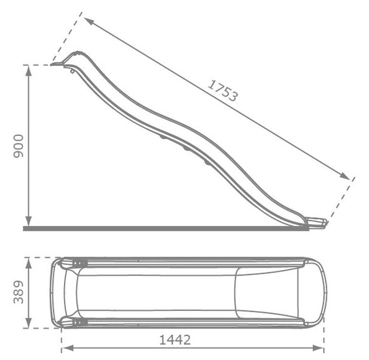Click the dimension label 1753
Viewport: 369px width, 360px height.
222,91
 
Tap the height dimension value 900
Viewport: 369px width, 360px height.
19,146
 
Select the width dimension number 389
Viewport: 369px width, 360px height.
19,292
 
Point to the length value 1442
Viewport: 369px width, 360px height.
175,340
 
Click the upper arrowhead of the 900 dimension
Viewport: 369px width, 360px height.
29,71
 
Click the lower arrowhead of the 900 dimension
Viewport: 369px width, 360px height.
29,221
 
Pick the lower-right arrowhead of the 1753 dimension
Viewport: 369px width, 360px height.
344,176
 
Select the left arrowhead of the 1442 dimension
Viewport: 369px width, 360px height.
68,348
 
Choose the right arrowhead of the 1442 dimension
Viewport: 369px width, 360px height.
318,348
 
